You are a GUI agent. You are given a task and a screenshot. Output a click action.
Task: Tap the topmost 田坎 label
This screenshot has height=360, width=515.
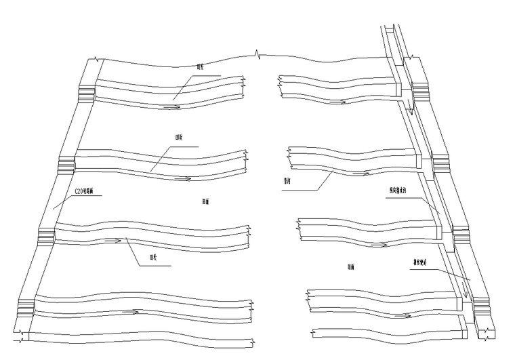[x=200, y=67]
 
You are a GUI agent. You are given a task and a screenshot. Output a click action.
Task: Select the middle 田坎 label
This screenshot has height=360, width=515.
[x=180, y=137]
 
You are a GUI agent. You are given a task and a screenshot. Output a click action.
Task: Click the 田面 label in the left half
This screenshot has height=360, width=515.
[x=205, y=201]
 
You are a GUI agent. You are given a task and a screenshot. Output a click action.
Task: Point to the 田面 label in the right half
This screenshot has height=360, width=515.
[x=352, y=267]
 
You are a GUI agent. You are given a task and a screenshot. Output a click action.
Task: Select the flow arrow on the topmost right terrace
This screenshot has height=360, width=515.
[x=339, y=102]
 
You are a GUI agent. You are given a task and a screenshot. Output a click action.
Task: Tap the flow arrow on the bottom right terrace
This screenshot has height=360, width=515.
[x=402, y=316]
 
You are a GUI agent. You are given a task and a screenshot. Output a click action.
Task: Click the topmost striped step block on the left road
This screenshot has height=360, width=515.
[x=87, y=93]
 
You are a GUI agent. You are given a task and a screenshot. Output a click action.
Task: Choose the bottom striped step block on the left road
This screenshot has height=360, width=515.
[x=25, y=306]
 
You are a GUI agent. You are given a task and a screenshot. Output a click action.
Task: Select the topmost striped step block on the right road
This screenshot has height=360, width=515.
[x=418, y=89]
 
